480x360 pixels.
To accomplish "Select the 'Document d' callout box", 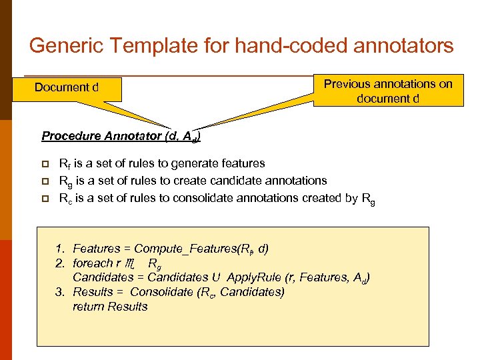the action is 67,87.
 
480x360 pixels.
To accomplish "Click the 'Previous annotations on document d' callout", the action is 388,91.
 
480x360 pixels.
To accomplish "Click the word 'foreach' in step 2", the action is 93,263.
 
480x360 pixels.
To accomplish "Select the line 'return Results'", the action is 110,307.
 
